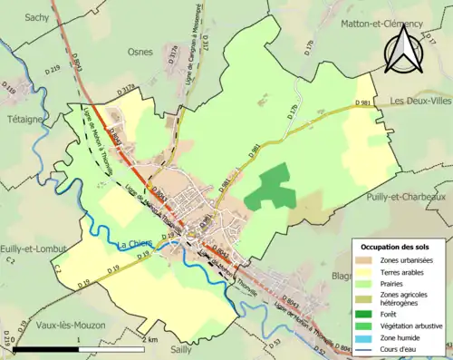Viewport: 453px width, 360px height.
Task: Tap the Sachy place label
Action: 36,17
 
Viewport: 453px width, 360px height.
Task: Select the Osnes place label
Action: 141,52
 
